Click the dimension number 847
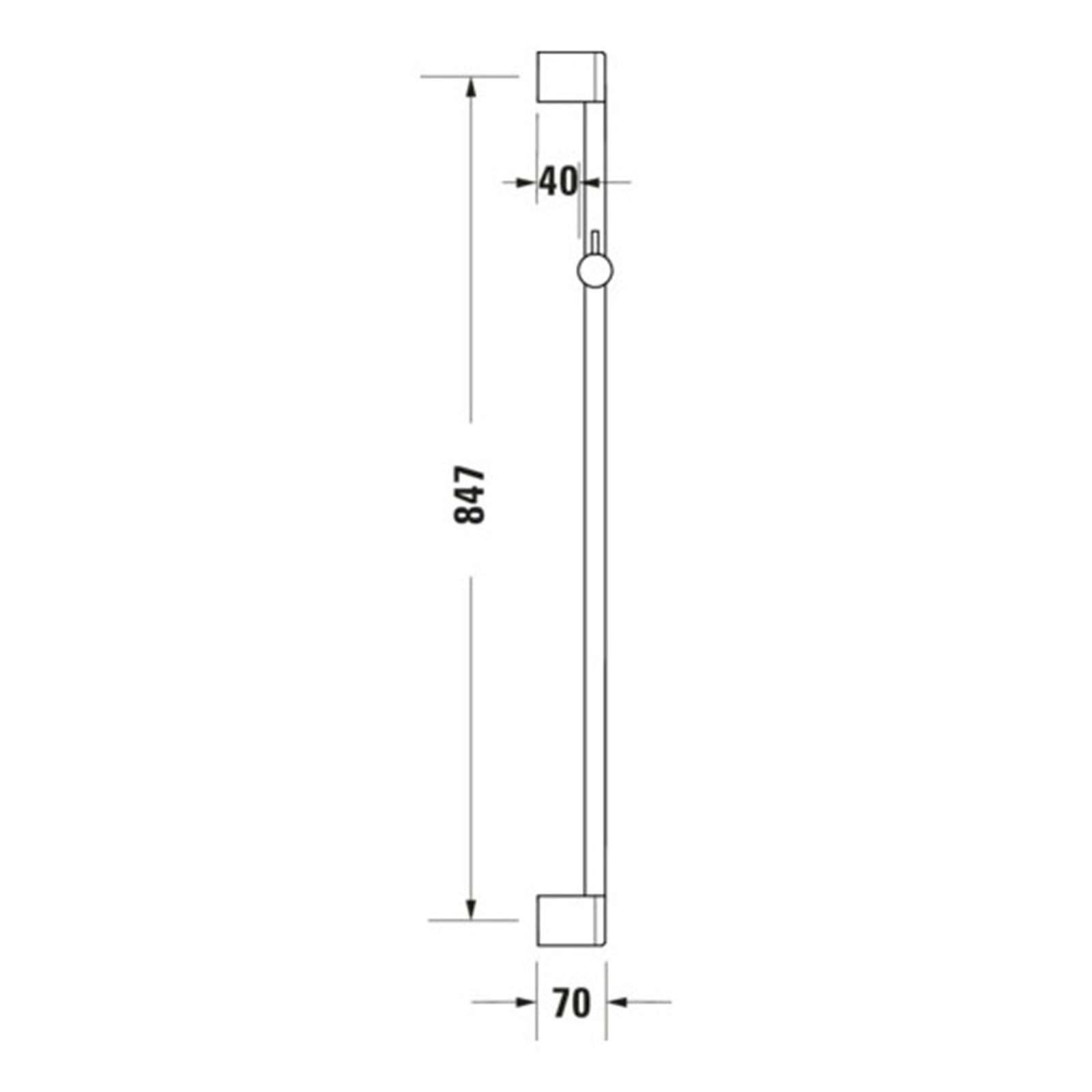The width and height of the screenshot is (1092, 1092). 470,495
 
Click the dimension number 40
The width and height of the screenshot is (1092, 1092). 559,182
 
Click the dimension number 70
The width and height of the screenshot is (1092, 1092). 572,1003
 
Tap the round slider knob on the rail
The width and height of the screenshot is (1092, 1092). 595,270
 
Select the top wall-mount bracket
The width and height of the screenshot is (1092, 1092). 571,77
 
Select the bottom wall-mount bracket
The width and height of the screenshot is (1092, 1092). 571,921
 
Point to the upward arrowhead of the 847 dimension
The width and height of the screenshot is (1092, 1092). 470,88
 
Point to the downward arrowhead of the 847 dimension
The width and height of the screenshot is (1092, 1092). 470,908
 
